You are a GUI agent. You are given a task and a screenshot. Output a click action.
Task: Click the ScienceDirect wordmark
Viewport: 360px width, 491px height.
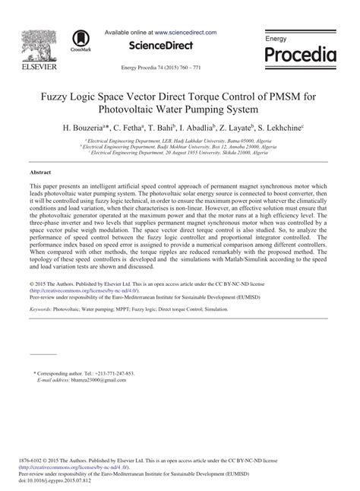click(x=162, y=48)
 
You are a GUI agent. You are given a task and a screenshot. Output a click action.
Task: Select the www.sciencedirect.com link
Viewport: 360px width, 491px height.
click(x=185, y=33)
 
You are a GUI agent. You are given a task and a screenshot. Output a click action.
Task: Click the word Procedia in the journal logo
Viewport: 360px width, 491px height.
click(x=300, y=55)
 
